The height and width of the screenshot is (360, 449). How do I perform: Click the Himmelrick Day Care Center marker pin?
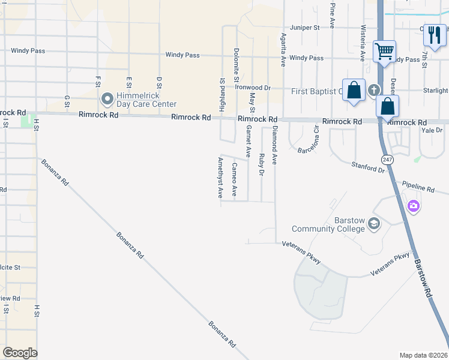tap(107, 98)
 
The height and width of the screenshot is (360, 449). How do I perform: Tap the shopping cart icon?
tap(384, 50)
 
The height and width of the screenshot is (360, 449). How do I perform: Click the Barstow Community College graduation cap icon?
tap(374, 224)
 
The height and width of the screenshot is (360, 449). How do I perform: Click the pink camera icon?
tap(413, 207)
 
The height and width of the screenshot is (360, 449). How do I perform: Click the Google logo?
tap(20, 353)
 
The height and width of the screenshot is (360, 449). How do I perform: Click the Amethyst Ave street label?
tap(220, 178)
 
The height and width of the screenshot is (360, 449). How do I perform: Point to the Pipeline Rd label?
tap(418, 188)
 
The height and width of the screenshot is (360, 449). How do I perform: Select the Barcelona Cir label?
tap(315, 139)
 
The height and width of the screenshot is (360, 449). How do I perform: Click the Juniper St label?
tap(304, 28)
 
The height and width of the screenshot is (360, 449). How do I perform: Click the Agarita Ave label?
tap(283, 50)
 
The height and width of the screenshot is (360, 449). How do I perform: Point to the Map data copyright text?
tap(423, 355)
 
